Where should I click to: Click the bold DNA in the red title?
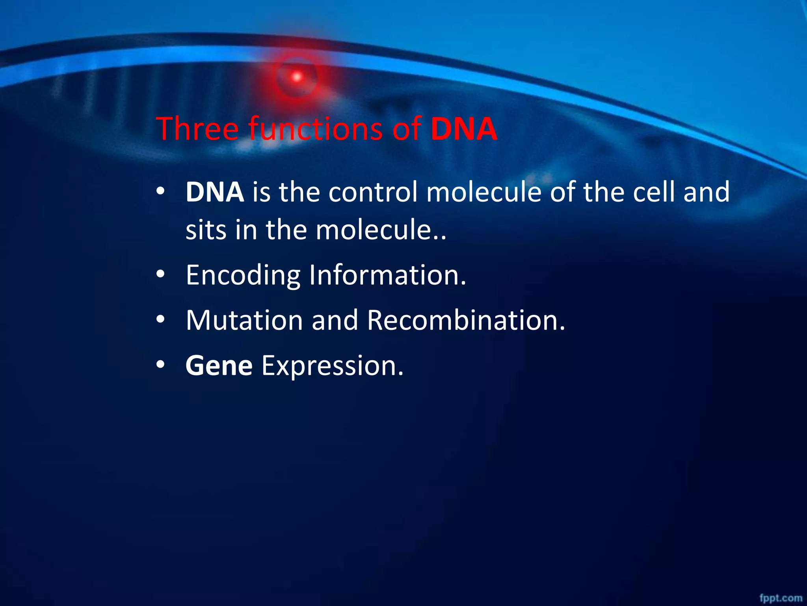click(464, 129)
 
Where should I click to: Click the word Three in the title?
click(197, 129)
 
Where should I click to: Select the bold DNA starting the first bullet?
click(215, 192)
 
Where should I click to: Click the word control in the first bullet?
click(373, 192)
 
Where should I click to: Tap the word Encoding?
click(243, 275)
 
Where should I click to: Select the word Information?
click(387, 275)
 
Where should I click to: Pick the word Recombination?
click(466, 320)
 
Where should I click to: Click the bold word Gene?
click(219, 366)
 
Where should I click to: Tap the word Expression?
click(333, 366)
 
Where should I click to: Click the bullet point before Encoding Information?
click(160, 275)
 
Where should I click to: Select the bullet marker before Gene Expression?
click(160, 366)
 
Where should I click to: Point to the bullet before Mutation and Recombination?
click(160, 320)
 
